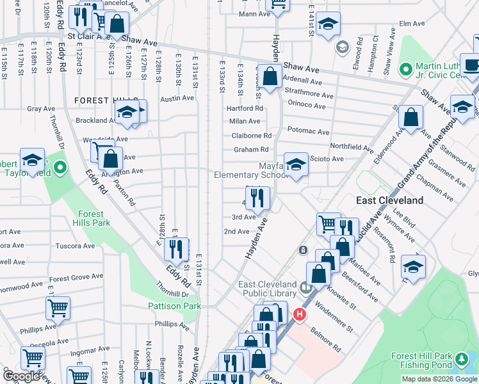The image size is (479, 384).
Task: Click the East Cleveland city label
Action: tap(389, 200)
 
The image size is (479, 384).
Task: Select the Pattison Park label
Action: tap(174, 307)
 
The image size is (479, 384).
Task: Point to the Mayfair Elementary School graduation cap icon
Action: tap(295, 166)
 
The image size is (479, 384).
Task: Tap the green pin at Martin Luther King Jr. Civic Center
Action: tap(405, 68)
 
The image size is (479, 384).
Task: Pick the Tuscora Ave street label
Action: tap(76, 245)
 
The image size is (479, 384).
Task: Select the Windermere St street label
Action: tap(342, 319)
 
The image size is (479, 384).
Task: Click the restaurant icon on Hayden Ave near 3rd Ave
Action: tap(257, 200)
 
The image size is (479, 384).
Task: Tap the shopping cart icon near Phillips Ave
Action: tap(58, 308)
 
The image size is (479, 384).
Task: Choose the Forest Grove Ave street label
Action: tap(77, 278)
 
